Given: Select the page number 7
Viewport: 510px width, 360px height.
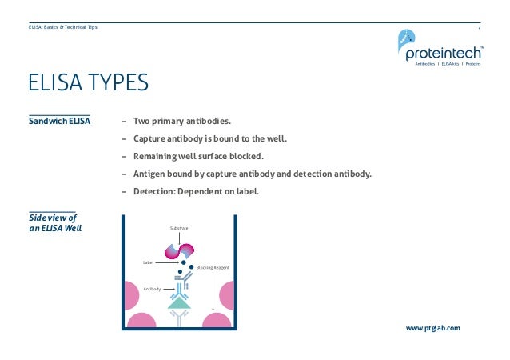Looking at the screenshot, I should click(479, 27).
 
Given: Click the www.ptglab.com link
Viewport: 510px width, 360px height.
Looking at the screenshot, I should click(433, 328).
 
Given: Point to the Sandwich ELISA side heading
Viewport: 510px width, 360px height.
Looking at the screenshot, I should click(59, 122).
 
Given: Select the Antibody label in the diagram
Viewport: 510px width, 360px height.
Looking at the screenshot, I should click(152, 288).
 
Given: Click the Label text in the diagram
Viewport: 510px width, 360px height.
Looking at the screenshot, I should click(148, 262).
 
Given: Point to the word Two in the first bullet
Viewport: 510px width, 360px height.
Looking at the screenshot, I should click(142, 122).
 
